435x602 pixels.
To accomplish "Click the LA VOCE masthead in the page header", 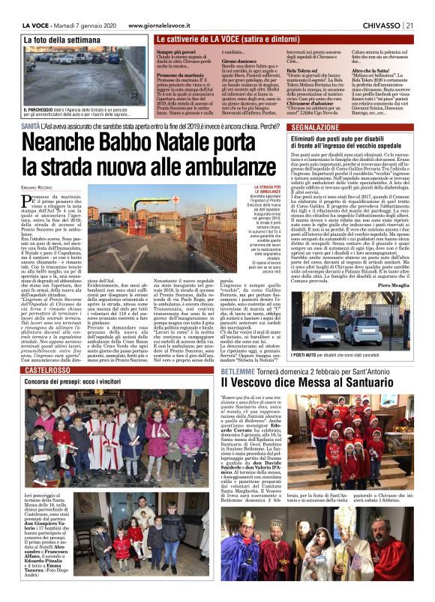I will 36,25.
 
